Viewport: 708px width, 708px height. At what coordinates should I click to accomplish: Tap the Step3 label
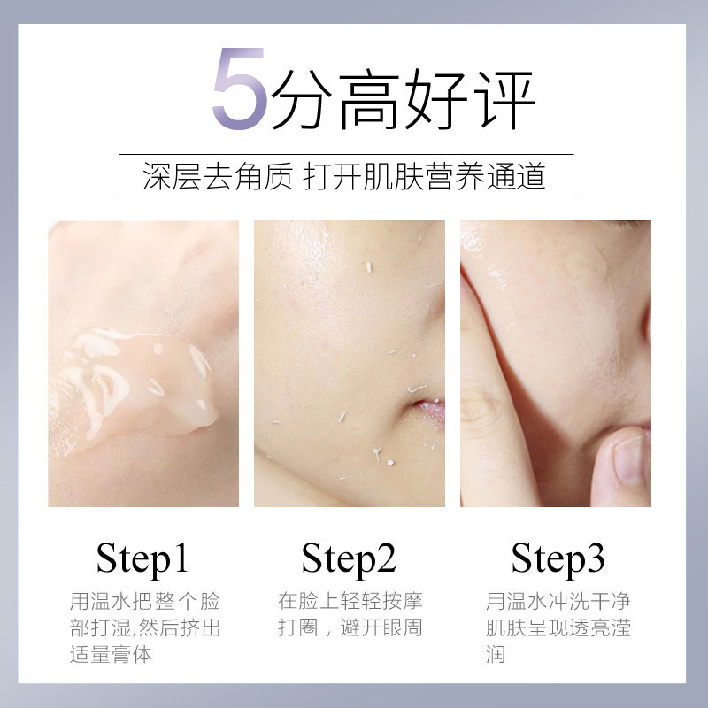tap(558, 559)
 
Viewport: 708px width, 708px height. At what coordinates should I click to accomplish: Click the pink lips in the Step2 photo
tap(430, 411)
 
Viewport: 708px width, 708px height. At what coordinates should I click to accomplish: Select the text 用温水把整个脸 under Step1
tap(144, 603)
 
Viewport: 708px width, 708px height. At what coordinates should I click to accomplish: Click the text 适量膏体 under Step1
tap(111, 656)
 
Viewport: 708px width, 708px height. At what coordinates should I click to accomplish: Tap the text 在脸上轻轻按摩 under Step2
tap(350, 603)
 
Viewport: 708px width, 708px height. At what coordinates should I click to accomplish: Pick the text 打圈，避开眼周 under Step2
tap(350, 629)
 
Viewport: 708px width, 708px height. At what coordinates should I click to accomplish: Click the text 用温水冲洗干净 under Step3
tap(558, 603)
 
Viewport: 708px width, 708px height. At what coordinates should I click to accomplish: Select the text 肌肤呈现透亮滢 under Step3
tap(558, 629)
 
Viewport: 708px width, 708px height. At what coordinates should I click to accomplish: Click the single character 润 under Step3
tap(496, 656)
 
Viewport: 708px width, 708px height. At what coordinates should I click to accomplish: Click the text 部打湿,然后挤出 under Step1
tap(144, 629)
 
